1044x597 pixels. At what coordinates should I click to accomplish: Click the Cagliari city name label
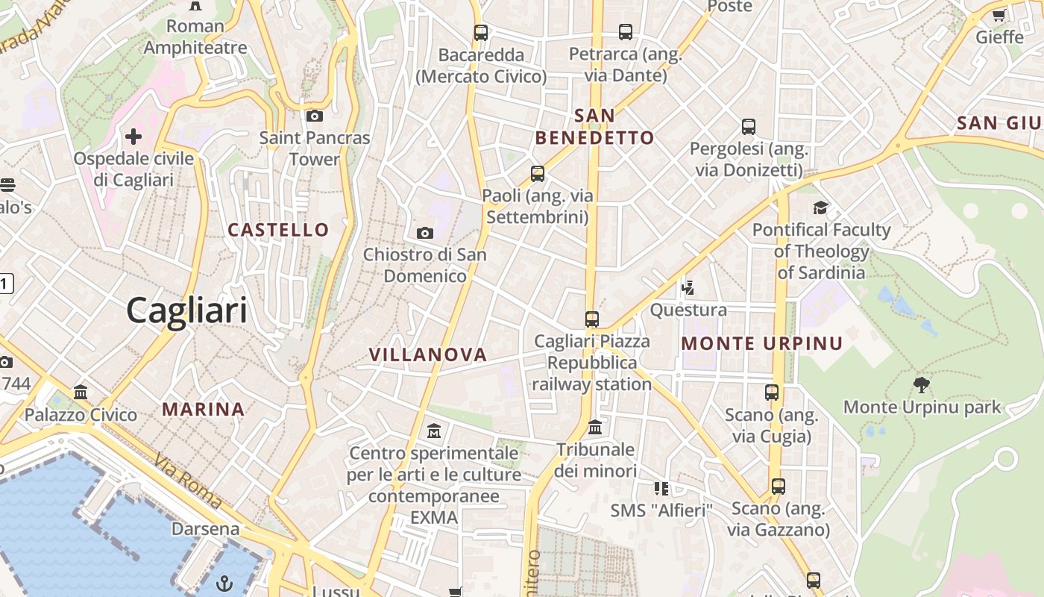tap(186, 310)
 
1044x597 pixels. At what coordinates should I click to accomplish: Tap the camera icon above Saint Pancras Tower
tap(315, 116)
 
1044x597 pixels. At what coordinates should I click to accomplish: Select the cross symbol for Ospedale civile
tap(133, 137)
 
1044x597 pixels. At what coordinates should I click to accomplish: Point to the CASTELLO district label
tap(278, 230)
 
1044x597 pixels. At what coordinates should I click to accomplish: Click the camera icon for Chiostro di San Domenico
tap(425, 233)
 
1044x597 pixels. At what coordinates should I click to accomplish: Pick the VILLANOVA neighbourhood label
tap(428, 355)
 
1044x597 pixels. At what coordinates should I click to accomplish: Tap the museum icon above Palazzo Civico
tap(81, 393)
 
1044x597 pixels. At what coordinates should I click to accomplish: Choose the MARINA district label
tap(204, 409)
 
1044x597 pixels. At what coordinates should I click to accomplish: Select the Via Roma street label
tap(188, 481)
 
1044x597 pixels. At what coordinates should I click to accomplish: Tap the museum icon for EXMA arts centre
tap(434, 431)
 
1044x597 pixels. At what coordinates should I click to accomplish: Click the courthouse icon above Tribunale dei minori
tap(595, 428)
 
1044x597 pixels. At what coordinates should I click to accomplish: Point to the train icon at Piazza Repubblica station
tap(592, 319)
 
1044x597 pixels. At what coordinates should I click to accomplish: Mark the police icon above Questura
tap(688, 287)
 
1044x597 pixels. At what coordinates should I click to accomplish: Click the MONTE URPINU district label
tap(762, 344)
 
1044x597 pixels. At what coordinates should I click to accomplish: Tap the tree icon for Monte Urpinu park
tap(922, 385)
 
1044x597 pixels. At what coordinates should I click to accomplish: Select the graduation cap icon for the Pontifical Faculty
tap(821, 207)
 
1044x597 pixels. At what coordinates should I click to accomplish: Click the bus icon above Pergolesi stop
tap(749, 127)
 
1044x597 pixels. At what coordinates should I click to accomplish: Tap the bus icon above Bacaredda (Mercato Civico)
tap(481, 33)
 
